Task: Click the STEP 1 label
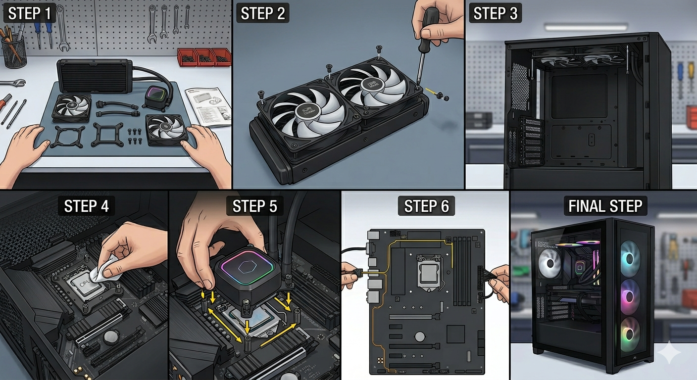(x=29, y=14)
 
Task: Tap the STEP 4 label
(x=86, y=205)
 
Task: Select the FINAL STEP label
(x=605, y=206)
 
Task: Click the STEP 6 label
(x=426, y=206)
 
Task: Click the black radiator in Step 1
(x=94, y=76)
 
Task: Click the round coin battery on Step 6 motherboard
(x=420, y=336)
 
